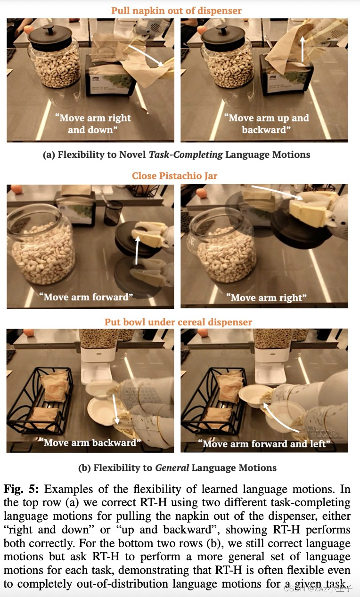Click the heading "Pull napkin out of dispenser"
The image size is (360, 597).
tap(176, 11)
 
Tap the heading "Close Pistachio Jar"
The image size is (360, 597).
tap(175, 176)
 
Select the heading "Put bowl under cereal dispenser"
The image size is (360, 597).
tap(178, 322)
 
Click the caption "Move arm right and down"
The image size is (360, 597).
tap(93, 124)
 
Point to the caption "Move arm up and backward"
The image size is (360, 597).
tap(266, 124)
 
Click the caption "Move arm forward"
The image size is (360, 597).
tap(86, 297)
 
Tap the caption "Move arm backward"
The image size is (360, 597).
tap(90, 443)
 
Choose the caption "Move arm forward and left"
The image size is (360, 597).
tap(264, 444)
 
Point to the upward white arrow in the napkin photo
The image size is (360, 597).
tap(303, 49)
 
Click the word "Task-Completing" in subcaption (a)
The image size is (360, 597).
tap(186, 154)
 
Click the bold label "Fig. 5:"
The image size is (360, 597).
tap(21, 489)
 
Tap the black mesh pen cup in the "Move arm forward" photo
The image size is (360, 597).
tap(112, 213)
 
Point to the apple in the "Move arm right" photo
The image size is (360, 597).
tap(202, 193)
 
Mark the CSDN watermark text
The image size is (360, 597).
tap(318, 588)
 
